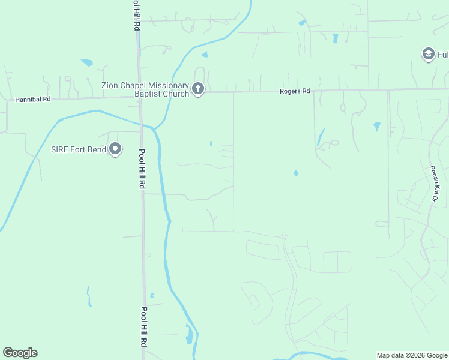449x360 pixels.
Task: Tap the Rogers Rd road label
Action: pyautogui.click(x=295, y=91)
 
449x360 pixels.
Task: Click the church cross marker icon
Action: pyautogui.click(x=198, y=90)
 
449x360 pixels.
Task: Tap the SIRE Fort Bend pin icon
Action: pyautogui.click(x=116, y=149)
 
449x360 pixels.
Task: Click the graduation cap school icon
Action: pyautogui.click(x=428, y=55)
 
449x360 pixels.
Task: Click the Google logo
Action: pyautogui.click(x=20, y=353)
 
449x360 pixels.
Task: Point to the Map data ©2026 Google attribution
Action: pyautogui.click(x=412, y=355)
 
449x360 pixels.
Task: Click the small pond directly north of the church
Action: pyautogui.click(x=205, y=55)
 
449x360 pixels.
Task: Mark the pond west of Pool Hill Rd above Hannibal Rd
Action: pyautogui.click(x=88, y=62)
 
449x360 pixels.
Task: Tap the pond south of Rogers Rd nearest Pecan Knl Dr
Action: pyautogui.click(x=376, y=126)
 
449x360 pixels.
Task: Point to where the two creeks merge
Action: pyautogui.click(x=154, y=130)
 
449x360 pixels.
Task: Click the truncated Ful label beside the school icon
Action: pyautogui.click(x=442, y=55)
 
